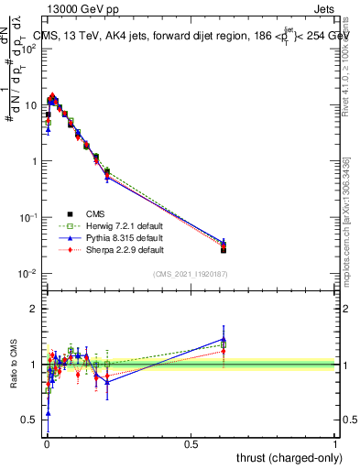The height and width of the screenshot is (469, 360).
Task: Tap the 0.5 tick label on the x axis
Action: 191,443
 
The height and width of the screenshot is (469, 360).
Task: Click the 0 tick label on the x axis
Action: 46,443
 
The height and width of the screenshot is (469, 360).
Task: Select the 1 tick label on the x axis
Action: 335,443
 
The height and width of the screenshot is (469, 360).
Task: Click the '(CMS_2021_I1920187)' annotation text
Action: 190,274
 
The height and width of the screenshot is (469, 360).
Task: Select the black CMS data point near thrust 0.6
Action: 224,249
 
